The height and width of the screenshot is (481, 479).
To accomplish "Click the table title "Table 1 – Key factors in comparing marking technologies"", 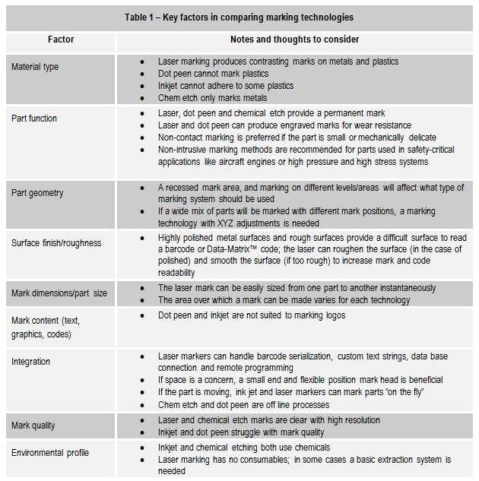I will coord(239,17).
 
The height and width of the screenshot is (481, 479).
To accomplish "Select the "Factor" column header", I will coord(60,40).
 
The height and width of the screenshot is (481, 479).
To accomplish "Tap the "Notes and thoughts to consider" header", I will coord(294,40).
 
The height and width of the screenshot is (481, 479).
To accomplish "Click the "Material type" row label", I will coord(35,67).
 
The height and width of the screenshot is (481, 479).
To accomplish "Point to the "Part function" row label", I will coord(34,119).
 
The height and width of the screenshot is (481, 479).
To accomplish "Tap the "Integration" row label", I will coord(33,362).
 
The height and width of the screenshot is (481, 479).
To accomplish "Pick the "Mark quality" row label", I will coord(33,426).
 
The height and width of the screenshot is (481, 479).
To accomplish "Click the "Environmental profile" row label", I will coord(49,453).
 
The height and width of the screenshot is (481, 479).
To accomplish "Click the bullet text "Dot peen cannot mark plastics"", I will coord(213,74).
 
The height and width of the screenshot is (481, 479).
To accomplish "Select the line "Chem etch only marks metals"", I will coord(212,98).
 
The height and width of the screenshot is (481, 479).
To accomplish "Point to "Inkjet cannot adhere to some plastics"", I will coord(226,86).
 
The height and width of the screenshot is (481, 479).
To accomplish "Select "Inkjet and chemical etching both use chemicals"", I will coord(244,448).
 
